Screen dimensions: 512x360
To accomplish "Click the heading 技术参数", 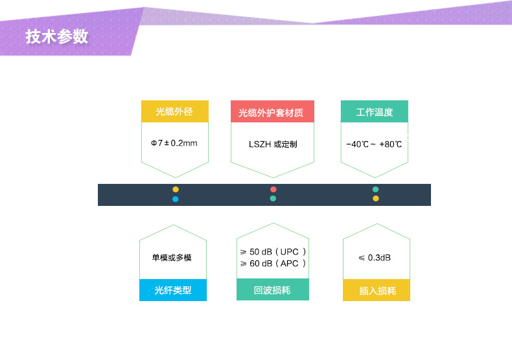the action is click(x=57, y=37).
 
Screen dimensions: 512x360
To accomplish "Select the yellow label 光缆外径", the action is click(x=174, y=111).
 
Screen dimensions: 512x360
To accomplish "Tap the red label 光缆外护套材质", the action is click(x=272, y=112).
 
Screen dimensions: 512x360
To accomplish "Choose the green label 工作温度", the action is click(x=375, y=111).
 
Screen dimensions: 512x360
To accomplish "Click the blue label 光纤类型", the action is click(x=173, y=291).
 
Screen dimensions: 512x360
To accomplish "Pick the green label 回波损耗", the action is click(x=272, y=290).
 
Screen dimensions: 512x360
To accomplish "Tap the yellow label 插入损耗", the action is click(x=376, y=291).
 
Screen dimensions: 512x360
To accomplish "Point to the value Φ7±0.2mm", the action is click(x=174, y=142).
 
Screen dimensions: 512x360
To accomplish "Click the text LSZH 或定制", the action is click(x=272, y=143).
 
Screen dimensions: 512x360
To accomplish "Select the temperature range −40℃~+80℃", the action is click(x=375, y=143).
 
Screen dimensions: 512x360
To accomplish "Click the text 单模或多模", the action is click(x=172, y=258).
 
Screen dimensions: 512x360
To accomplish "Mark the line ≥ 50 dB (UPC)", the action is click(x=273, y=251).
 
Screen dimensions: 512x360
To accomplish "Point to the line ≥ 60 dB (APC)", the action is click(x=273, y=264).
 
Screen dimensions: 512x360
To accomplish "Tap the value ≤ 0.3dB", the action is click(x=375, y=258).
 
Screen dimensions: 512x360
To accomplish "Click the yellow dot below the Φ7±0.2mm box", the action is click(x=176, y=190).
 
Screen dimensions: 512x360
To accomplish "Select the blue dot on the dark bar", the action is click(x=176, y=199).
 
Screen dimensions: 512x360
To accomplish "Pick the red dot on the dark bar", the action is click(x=273, y=190).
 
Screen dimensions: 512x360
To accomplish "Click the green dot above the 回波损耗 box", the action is click(x=273, y=199).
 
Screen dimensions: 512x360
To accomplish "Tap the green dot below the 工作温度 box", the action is click(x=375, y=190).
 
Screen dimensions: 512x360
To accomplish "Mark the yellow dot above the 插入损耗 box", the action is click(x=375, y=199).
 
